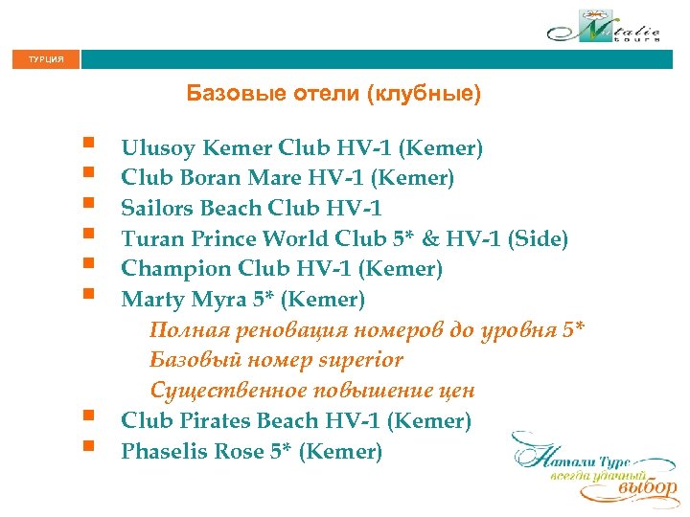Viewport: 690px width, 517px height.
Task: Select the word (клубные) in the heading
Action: click(x=430, y=94)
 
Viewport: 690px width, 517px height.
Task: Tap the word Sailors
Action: click(x=157, y=208)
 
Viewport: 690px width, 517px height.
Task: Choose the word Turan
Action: click(x=149, y=238)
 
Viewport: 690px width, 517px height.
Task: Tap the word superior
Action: click(x=358, y=361)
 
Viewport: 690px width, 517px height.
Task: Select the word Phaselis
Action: click(x=161, y=451)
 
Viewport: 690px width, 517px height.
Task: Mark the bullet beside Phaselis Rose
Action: click(x=88, y=446)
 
